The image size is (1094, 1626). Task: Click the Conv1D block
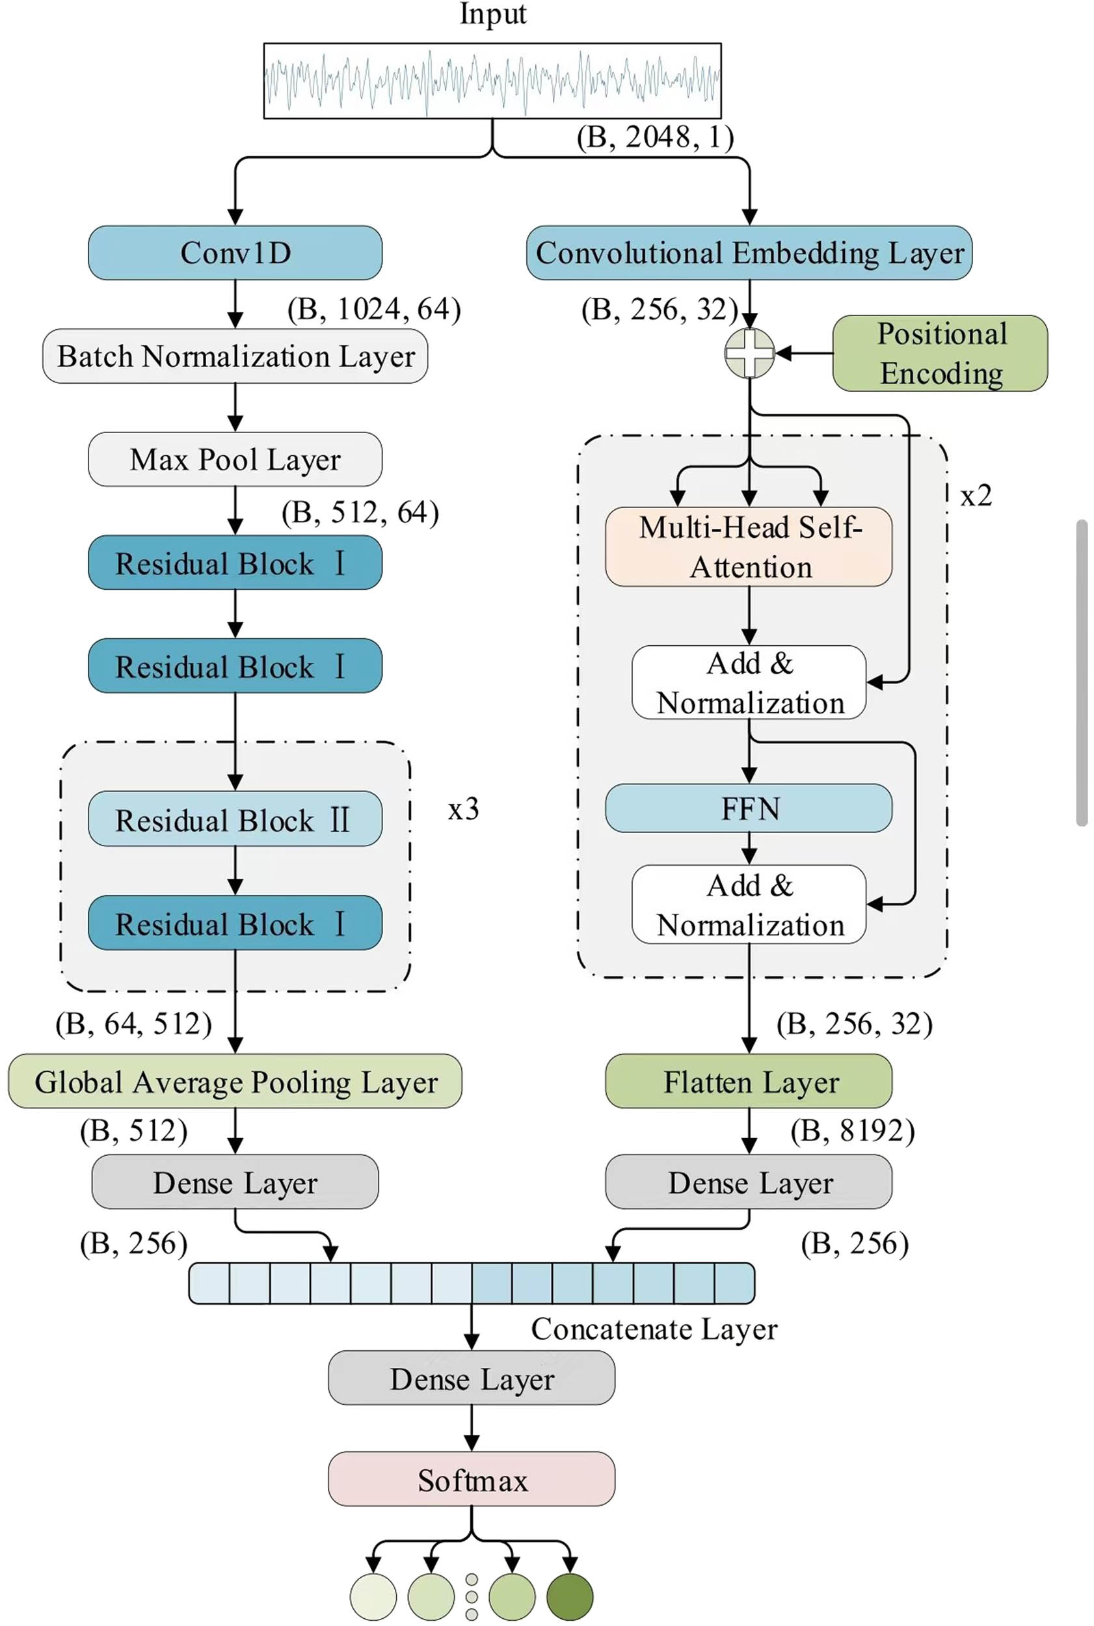(x=235, y=252)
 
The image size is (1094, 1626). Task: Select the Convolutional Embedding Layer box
(x=749, y=252)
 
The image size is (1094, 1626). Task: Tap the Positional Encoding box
(x=940, y=353)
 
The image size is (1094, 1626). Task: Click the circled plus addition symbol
(x=749, y=353)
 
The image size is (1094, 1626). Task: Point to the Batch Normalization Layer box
(x=235, y=356)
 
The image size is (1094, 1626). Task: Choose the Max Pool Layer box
(x=235, y=459)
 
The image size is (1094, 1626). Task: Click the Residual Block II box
(x=235, y=819)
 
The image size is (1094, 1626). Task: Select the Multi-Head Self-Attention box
(x=749, y=547)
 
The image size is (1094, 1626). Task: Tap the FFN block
(x=749, y=808)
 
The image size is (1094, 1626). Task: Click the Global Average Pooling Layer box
(x=235, y=1081)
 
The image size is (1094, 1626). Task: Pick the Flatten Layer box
(x=749, y=1081)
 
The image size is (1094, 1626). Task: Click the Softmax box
(x=472, y=1479)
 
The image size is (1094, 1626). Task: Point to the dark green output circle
(x=569, y=1596)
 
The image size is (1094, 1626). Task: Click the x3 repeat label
(x=463, y=809)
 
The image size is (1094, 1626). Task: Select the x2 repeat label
(x=976, y=495)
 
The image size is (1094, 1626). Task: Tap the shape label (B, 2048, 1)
(x=655, y=137)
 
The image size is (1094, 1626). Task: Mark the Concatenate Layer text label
(x=654, y=1329)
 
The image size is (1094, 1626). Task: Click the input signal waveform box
(x=492, y=81)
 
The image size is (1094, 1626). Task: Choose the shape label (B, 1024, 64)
(x=374, y=309)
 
